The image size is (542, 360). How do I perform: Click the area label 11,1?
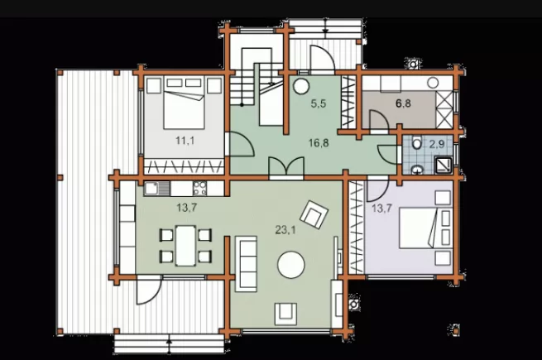click(x=185, y=141)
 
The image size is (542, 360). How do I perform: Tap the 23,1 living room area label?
click(x=285, y=229)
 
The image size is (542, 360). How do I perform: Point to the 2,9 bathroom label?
click(x=437, y=144)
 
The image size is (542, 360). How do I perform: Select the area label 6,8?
click(x=403, y=103)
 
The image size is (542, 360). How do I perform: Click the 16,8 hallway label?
click(x=319, y=142)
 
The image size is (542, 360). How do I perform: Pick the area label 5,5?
click(x=318, y=103)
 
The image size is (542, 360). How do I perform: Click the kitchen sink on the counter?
click(x=157, y=189)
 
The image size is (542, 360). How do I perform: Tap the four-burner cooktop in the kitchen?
click(x=199, y=189)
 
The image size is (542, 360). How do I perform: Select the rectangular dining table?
click(x=185, y=246)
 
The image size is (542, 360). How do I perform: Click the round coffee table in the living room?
click(x=291, y=265)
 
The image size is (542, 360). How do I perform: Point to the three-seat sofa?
click(x=246, y=264)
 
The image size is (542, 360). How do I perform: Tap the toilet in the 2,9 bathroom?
click(x=417, y=142)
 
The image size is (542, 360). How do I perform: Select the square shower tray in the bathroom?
click(x=444, y=166)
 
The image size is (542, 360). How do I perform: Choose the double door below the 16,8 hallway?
click(x=286, y=168)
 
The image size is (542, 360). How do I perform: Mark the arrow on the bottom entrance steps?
click(x=169, y=342)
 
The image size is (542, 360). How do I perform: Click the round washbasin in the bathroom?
click(x=418, y=169)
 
